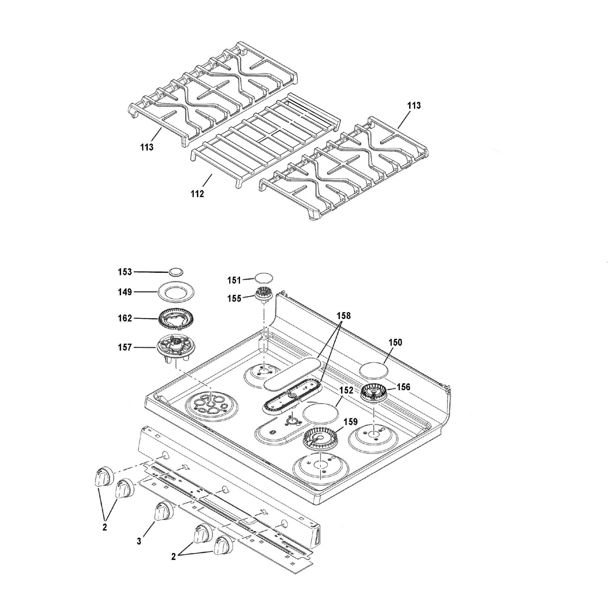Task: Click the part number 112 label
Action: (197, 194)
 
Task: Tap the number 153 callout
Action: (125, 272)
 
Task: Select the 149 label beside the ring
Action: (125, 292)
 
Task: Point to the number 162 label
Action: (125, 318)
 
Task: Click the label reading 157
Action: (125, 347)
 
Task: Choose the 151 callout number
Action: (234, 280)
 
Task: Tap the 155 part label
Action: (234, 298)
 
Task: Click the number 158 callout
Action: (343, 316)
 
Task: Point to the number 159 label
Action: (350, 421)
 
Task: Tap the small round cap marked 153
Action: (176, 272)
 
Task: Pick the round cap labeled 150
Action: (374, 371)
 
